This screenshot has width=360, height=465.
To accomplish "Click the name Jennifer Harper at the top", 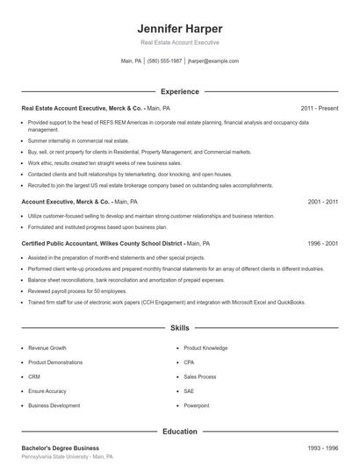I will pos(179,28).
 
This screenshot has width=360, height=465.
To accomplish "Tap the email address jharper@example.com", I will pos(213,61).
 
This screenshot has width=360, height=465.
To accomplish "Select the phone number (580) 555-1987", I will pos(164,61).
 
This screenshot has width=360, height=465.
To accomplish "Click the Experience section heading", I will pos(179,91).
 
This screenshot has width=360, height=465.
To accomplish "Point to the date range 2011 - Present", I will pos(320,108).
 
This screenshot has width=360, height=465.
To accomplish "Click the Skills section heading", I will pos(179,328).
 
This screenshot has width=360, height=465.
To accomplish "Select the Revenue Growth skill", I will pos(47,347).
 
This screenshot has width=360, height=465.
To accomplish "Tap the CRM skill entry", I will pos(34,376).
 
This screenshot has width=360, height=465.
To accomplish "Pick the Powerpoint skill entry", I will pos(196,405).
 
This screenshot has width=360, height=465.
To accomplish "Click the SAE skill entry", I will pos(189,390).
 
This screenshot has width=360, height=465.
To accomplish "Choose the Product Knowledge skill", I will pos(205,347).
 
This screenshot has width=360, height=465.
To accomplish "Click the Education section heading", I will pos(179,432).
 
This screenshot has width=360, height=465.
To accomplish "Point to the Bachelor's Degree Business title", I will pos(60,448).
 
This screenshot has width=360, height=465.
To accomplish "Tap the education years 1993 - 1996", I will pos(323,448).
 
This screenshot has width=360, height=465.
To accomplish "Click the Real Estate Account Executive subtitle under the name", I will pos(179,42).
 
